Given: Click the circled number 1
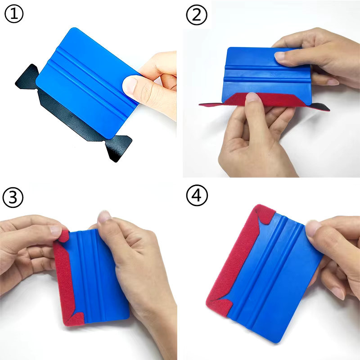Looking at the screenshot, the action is tap(14, 14).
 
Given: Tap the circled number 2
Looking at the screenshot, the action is tap(197, 15).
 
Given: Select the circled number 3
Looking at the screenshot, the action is tap(13, 198).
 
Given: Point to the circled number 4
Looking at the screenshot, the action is tap(197, 195).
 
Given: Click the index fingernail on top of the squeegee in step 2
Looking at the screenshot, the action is tap(279, 56).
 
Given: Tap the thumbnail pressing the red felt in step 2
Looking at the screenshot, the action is tap(252, 97).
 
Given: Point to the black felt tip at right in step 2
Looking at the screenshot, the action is tap(320, 107).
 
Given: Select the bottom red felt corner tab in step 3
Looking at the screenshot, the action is tap(74, 319).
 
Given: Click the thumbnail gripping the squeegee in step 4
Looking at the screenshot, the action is tap(312, 229).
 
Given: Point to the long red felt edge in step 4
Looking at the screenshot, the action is tap(234, 261).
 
